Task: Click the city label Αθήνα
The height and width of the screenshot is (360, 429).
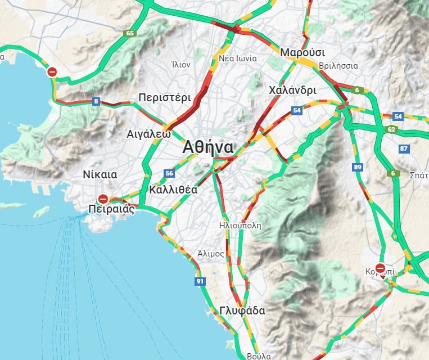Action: (x=208, y=147)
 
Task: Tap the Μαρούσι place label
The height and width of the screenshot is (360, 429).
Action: (x=302, y=52)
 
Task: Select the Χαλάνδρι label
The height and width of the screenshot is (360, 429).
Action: (x=292, y=90)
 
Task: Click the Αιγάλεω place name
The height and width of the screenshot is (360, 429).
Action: (x=148, y=134)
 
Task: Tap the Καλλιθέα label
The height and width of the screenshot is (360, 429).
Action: (x=174, y=190)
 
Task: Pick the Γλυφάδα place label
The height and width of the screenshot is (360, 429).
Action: (x=242, y=310)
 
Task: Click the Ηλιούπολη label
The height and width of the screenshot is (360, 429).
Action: (x=241, y=226)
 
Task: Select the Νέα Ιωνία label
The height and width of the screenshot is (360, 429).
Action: (x=238, y=58)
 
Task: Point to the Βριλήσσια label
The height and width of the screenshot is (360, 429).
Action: (x=338, y=66)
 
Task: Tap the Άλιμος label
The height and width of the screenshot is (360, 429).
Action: (x=211, y=254)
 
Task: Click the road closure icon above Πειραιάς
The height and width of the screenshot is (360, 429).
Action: (x=103, y=199)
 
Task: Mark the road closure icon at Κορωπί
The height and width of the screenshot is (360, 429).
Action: (x=381, y=268)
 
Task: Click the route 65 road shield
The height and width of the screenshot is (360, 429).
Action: (x=130, y=33)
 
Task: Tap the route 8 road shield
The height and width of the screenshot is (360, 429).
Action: (x=96, y=102)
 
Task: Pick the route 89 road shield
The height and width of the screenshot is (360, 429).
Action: (x=358, y=167)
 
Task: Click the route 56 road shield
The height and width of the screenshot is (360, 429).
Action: (x=169, y=173)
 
